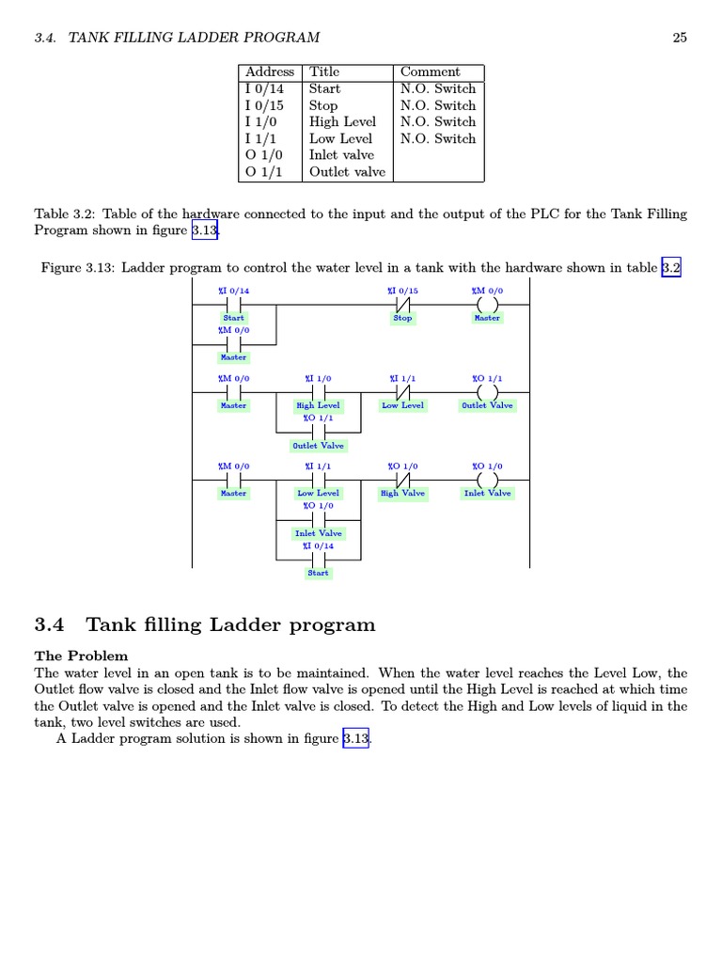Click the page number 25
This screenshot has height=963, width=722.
[x=680, y=38]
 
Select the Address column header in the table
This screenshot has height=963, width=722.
[x=270, y=72]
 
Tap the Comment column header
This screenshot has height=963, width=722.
[x=430, y=72]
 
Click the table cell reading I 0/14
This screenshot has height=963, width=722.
[x=264, y=89]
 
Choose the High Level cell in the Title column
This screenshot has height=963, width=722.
[x=342, y=122]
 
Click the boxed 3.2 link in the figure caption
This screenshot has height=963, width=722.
[x=670, y=268]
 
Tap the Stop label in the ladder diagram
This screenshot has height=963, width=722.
[x=402, y=318]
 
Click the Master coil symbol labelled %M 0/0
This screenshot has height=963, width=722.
[x=487, y=305]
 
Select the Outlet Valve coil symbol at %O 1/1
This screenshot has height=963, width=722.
[x=487, y=392]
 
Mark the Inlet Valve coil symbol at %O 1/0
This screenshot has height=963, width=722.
[x=487, y=480]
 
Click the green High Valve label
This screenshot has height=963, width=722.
[x=402, y=493]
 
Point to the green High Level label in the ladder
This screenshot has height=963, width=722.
[x=318, y=405]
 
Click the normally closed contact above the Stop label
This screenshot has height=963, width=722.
[x=402, y=305]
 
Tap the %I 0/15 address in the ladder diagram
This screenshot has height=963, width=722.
[x=402, y=292]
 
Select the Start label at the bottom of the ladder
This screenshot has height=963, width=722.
[x=318, y=573]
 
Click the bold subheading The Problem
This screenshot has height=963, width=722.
[x=81, y=655]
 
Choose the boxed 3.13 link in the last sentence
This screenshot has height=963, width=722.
[x=356, y=739]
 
